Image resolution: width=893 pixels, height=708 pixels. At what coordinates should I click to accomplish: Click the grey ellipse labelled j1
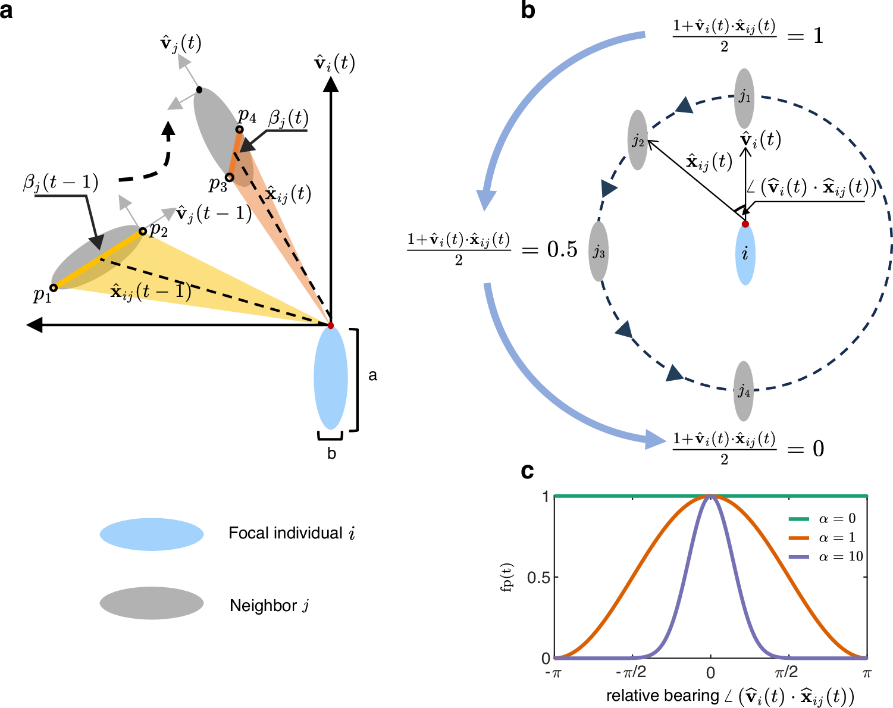pyautogui.click(x=744, y=98)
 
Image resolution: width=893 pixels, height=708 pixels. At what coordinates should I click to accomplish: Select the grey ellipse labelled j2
pyautogui.click(x=638, y=140)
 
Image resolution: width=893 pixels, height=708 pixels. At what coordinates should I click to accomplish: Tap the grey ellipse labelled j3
pyautogui.click(x=599, y=251)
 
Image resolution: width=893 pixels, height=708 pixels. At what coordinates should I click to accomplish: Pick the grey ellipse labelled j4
pyautogui.click(x=744, y=390)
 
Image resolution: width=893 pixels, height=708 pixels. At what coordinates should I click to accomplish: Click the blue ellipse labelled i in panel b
pyautogui.click(x=745, y=255)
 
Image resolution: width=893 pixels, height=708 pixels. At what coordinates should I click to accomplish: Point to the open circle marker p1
pyautogui.click(x=54, y=287)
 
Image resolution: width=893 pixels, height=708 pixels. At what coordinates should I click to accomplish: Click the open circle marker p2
pyautogui.click(x=142, y=231)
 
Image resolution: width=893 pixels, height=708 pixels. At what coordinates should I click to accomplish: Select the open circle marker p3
pyautogui.click(x=230, y=177)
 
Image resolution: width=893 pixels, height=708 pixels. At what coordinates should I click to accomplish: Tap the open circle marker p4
pyautogui.click(x=239, y=129)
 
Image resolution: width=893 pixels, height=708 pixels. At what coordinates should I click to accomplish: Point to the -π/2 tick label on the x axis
pyautogui.click(x=631, y=673)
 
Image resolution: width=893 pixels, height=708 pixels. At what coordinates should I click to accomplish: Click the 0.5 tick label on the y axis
pyautogui.click(x=538, y=577)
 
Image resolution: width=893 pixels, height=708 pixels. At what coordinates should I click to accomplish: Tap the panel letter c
pyautogui.click(x=527, y=471)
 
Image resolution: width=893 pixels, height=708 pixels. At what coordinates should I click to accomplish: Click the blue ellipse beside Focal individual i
pyautogui.click(x=152, y=534)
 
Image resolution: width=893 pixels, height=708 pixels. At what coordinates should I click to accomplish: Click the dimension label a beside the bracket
pyautogui.click(x=373, y=375)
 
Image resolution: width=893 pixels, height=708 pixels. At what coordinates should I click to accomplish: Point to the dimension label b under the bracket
pyautogui.click(x=331, y=454)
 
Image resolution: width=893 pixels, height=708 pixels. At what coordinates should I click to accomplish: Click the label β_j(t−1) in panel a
pyautogui.click(x=61, y=182)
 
